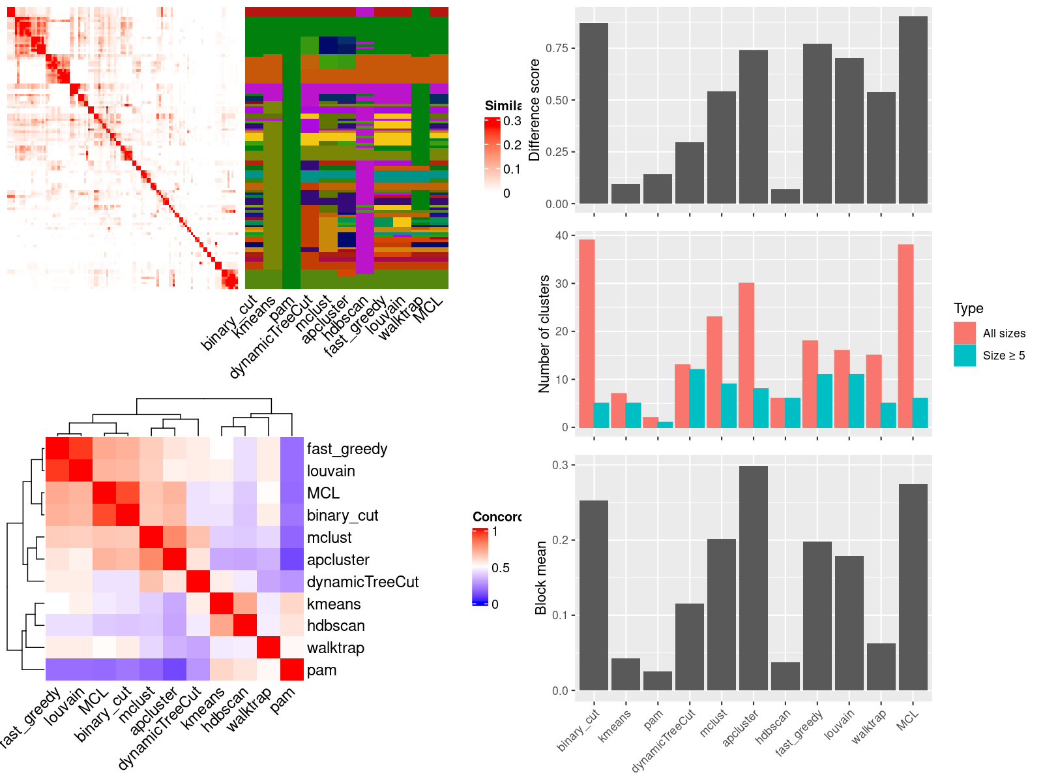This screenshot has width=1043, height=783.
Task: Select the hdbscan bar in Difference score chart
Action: point(785,196)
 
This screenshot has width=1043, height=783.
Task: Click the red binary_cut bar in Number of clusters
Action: point(587,333)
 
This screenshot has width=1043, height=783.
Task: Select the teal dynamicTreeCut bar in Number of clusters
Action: point(697,399)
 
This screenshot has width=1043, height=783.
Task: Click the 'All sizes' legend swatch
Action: point(964,333)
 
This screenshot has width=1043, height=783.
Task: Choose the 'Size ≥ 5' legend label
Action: point(1003,356)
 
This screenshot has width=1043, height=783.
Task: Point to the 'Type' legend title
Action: point(968,309)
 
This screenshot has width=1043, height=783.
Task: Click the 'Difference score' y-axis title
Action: point(535,110)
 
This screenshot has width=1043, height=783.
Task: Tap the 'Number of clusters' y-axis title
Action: point(544,333)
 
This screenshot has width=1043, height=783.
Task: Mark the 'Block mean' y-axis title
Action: point(540,577)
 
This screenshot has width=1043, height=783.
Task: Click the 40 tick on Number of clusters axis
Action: point(561,235)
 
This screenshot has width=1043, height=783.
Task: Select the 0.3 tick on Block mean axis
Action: point(560,465)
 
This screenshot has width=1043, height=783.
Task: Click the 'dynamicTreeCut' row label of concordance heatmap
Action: point(362,582)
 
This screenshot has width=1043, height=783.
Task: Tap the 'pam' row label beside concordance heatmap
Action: point(321,670)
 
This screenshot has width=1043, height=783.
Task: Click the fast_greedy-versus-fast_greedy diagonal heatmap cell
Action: point(57,449)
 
